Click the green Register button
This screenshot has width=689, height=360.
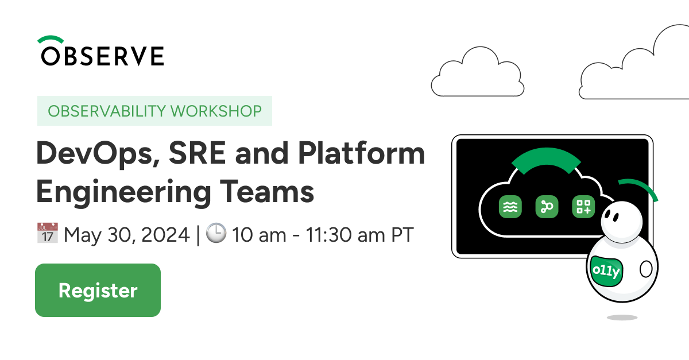98,290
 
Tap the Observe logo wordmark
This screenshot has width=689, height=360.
102,56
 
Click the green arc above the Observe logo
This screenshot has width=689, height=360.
51,39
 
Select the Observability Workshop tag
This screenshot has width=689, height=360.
154,111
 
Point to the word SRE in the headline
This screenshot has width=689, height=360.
197,153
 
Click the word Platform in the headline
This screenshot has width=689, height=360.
361,153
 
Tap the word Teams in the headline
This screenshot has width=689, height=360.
267,192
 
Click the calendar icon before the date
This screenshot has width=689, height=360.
47,233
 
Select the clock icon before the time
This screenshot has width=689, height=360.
216,233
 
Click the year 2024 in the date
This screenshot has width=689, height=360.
165,235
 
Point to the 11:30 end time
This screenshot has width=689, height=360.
328,235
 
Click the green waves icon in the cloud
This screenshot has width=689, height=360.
510,207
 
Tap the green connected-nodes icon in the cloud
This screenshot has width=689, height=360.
547,207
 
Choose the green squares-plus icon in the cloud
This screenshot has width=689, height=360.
583,207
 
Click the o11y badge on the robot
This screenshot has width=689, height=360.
606,271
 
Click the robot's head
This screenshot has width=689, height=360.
622,222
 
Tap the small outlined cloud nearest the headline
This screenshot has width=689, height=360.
478,72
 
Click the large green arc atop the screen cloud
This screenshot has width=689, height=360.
546,157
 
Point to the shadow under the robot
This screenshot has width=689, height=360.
622,318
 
